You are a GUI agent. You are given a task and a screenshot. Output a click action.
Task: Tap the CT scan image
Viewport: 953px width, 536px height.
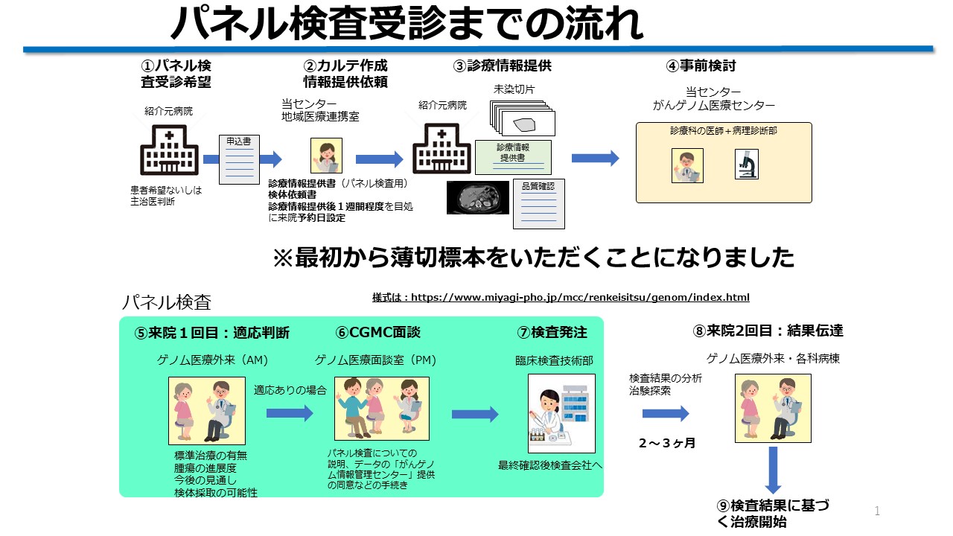(x=477, y=197)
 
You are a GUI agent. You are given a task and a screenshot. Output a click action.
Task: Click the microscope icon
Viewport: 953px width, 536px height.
(x=746, y=165)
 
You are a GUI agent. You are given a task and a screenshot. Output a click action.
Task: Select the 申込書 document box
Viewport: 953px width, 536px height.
(x=238, y=159)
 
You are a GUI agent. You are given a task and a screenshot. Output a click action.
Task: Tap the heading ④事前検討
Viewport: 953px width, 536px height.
(x=701, y=66)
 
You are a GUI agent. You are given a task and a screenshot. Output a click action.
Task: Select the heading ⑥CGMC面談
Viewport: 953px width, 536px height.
(x=377, y=333)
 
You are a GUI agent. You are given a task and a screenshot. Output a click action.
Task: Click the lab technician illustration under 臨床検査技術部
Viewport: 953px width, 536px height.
(x=561, y=413)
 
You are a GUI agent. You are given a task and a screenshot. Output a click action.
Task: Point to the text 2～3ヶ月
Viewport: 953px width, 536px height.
(x=666, y=444)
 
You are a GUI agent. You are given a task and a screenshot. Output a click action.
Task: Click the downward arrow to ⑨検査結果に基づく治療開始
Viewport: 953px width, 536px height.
(x=772, y=470)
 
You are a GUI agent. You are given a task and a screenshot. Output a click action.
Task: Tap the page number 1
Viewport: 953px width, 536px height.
(x=877, y=511)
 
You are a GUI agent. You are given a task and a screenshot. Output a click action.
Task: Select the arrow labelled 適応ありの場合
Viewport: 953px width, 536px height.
(x=290, y=413)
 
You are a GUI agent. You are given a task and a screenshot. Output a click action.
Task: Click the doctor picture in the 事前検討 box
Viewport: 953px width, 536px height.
(x=687, y=165)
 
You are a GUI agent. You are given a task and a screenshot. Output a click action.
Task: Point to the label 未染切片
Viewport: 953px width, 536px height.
(x=514, y=89)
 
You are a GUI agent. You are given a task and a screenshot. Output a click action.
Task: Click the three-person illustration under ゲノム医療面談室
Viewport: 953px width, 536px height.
(x=381, y=408)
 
